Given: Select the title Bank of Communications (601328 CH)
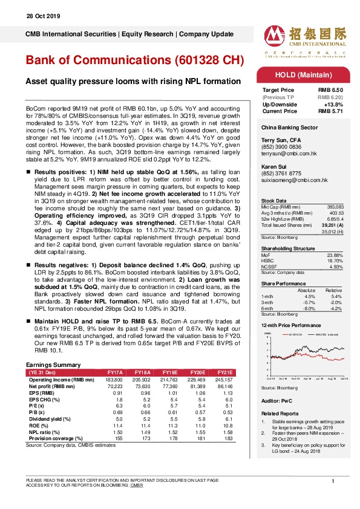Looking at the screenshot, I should pos(135,61).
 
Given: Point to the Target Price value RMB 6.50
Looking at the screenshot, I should pos(330,89).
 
